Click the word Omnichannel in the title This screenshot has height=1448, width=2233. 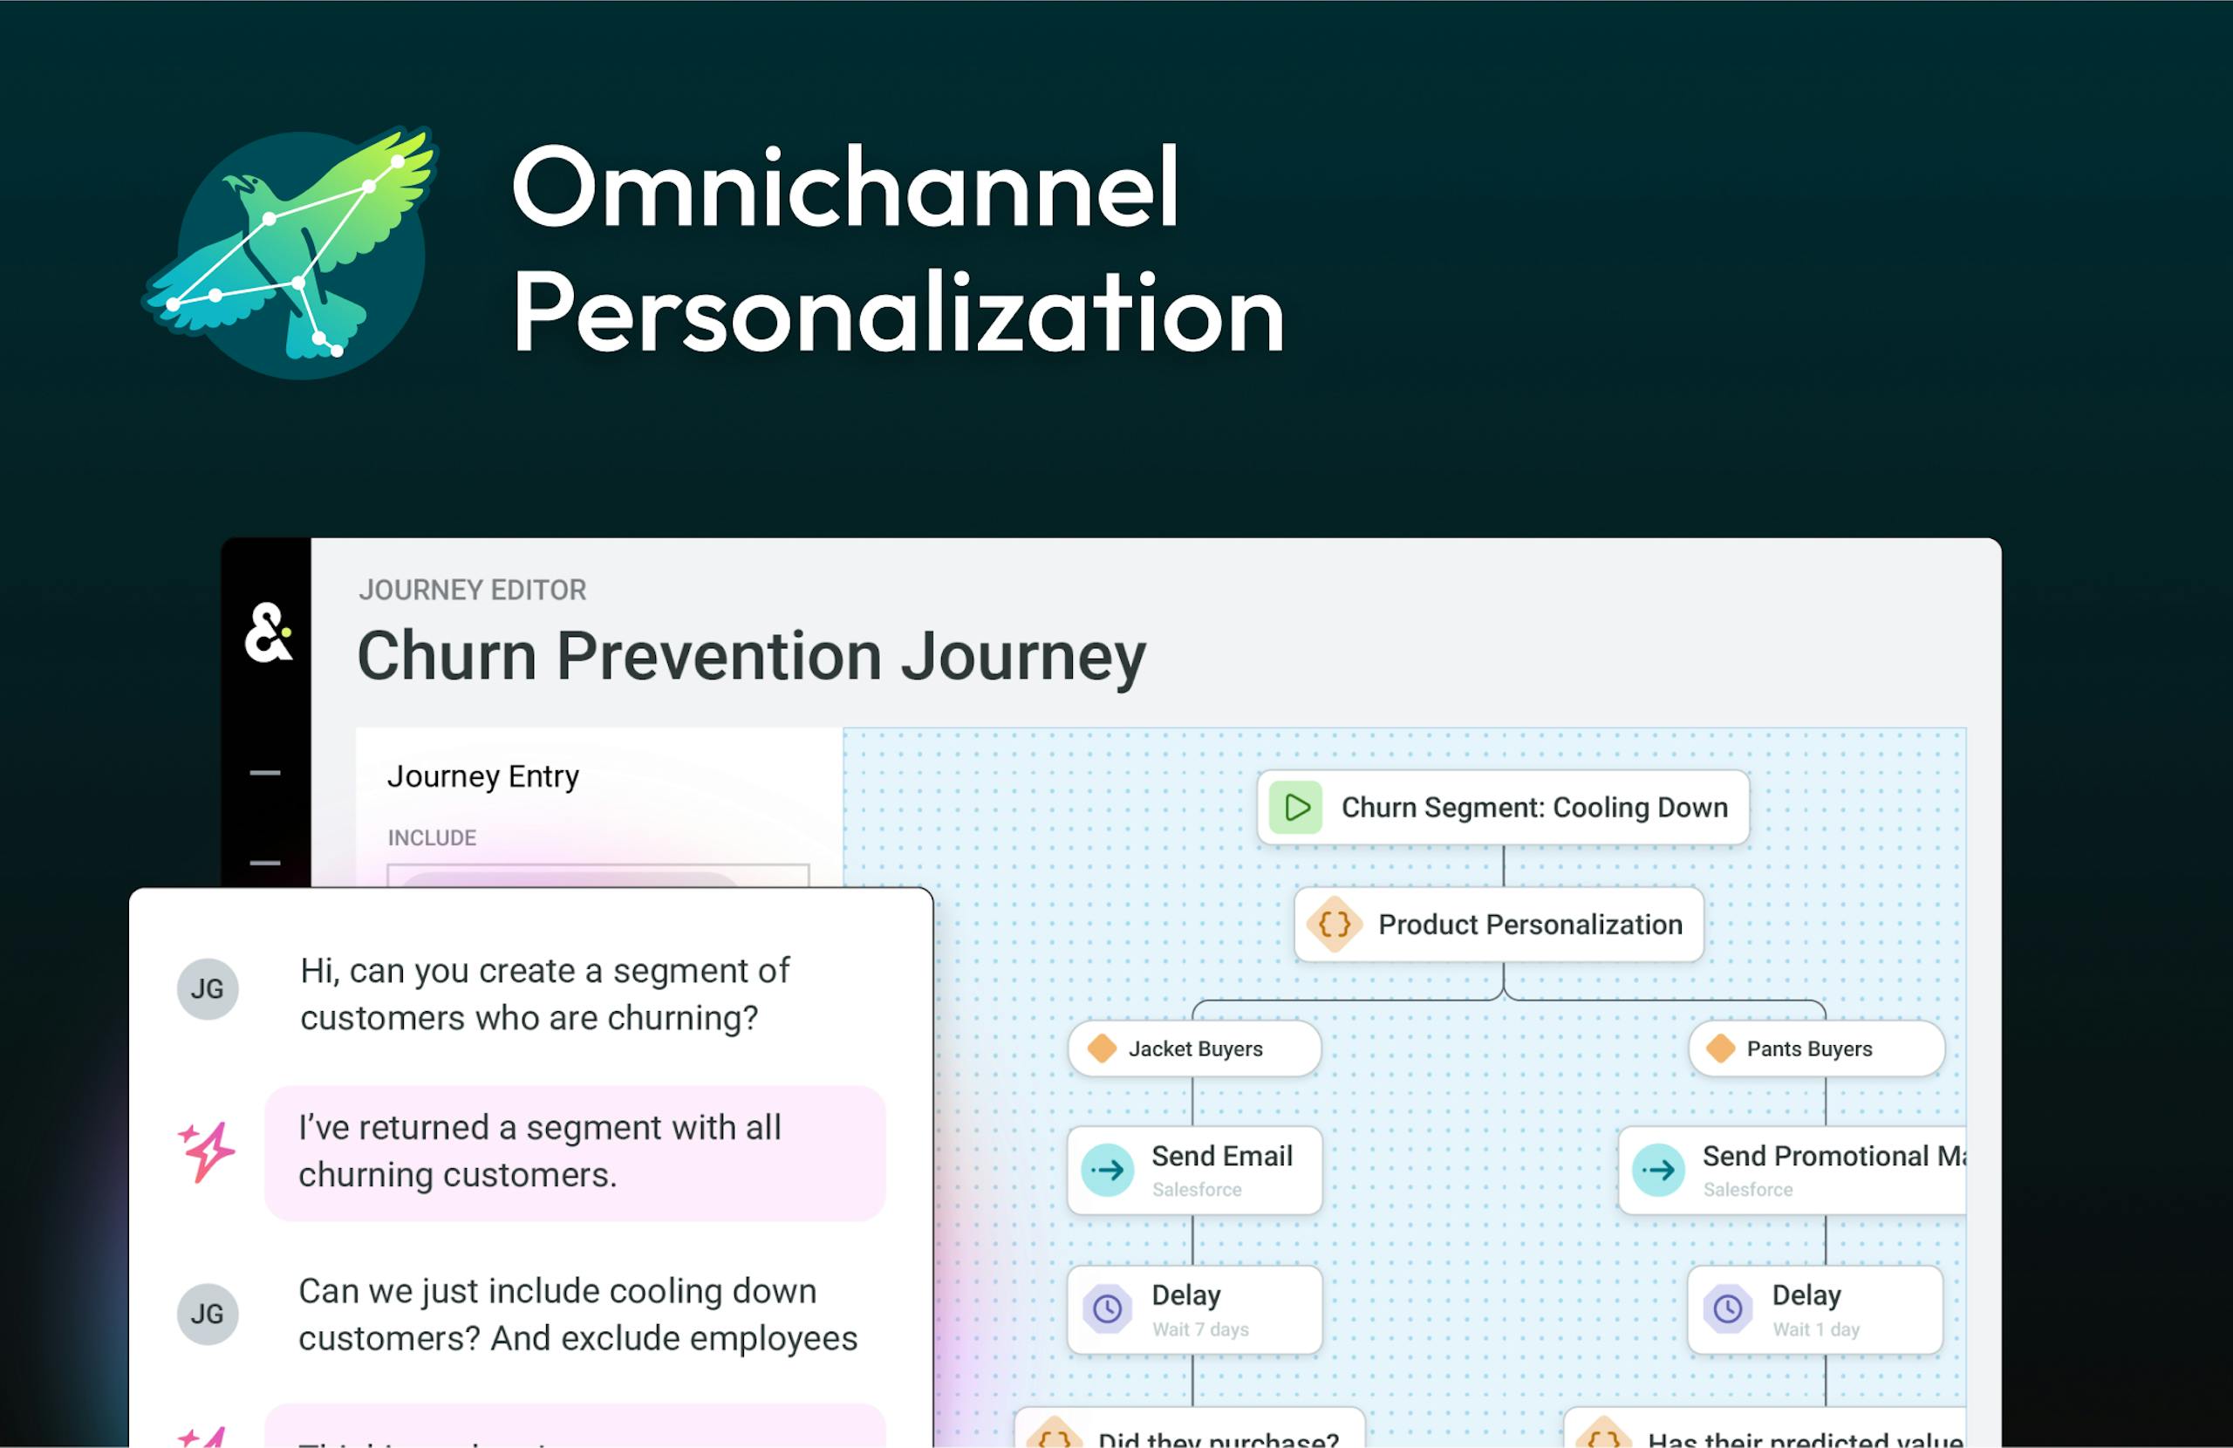point(844,188)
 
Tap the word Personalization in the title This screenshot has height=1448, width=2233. point(897,311)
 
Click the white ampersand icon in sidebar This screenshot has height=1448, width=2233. point(268,633)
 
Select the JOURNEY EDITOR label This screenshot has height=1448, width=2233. point(472,590)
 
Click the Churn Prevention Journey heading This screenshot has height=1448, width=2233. point(751,655)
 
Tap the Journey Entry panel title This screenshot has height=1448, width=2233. point(482,776)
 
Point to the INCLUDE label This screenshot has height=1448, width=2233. point(432,837)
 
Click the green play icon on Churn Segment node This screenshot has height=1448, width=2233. point(1295,807)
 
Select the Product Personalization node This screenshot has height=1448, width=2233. point(1499,925)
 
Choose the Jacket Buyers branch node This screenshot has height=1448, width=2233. point(1193,1048)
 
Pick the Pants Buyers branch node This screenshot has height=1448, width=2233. point(1815,1048)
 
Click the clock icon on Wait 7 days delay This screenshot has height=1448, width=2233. point(1107,1308)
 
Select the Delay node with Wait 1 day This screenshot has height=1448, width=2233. point(1813,1309)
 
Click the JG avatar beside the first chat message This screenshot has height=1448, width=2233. point(208,988)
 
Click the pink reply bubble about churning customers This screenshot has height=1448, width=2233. point(574,1151)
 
